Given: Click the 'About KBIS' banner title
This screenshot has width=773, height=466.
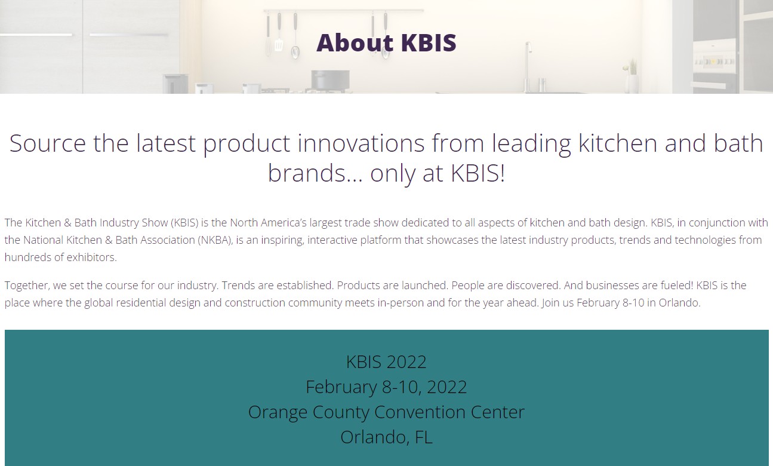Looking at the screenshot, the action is (386, 43).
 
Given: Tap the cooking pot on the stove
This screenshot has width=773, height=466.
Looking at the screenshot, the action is (330, 80).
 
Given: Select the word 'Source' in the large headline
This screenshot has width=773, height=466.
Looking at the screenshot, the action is (48, 143).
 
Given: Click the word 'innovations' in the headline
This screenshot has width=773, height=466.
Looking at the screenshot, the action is (361, 143).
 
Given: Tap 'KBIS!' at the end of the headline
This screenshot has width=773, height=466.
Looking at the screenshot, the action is (478, 173).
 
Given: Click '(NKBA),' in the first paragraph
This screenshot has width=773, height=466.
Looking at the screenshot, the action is (215, 240).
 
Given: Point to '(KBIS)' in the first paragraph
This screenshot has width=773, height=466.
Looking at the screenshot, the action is (184, 223).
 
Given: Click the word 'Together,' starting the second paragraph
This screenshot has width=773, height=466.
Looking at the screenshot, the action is (27, 286).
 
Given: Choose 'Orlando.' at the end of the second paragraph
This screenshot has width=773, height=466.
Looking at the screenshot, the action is (679, 303).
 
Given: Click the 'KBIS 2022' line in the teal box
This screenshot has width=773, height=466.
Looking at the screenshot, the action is (386, 362).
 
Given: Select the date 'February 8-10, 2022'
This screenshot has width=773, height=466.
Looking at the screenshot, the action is (386, 387).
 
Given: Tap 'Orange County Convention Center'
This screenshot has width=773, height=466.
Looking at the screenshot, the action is (386, 412).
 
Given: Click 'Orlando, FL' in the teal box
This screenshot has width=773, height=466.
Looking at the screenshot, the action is (386, 437).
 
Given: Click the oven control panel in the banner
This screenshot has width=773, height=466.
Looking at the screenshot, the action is (714, 62).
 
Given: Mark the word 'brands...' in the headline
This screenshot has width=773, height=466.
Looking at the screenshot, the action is (315, 173).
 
